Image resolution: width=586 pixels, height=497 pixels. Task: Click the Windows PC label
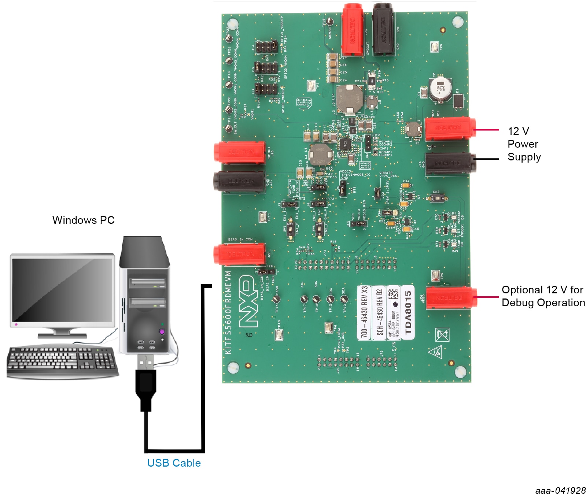(83, 220)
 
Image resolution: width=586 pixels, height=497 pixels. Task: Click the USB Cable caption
(174, 463)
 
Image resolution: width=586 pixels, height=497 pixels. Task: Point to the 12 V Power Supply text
(524, 144)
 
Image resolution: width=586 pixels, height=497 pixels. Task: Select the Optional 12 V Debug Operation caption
(543, 296)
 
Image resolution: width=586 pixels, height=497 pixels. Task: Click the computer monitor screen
(62, 289)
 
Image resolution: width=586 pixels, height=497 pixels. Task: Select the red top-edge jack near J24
(352, 29)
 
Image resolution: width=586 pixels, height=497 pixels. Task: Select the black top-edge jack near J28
(383, 29)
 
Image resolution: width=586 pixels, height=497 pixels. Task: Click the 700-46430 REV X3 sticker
(364, 312)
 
